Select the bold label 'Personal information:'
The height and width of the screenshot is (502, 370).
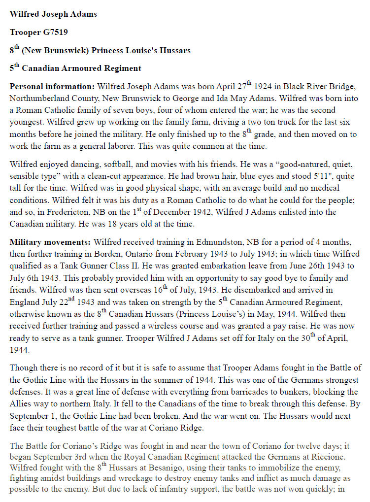click(52, 87)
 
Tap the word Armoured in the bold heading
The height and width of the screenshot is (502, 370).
click(74, 68)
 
